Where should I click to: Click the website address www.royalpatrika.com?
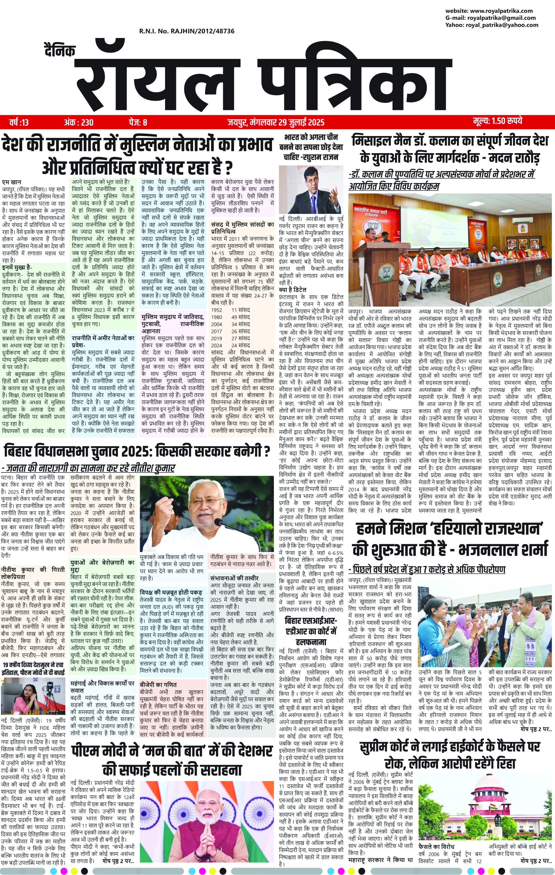point(490,11)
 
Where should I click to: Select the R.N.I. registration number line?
point(186,31)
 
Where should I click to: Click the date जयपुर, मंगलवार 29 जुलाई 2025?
point(276,122)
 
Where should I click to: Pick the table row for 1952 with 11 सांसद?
point(230,310)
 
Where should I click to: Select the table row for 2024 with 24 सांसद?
point(230,346)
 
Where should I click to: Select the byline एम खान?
point(11,182)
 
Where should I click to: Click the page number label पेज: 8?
point(138,122)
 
